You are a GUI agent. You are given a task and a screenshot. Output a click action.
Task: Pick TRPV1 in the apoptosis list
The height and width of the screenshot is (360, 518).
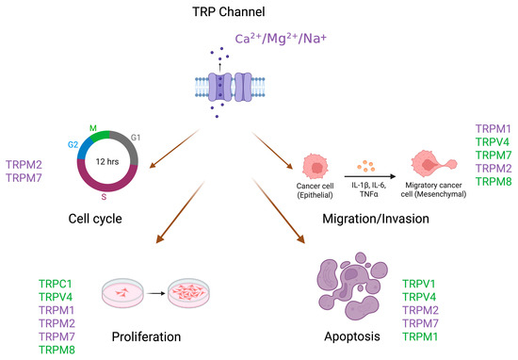pyautogui.click(x=422, y=283)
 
